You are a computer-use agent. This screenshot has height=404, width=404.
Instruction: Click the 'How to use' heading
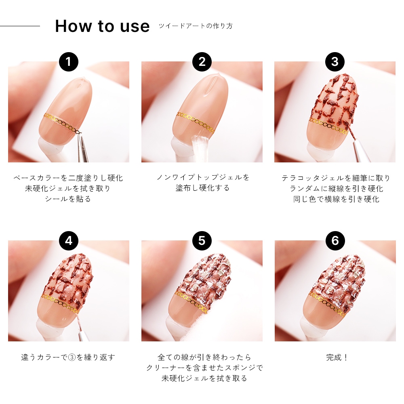pyautogui.click(x=102, y=26)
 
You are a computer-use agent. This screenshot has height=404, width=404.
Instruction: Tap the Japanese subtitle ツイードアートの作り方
pyautogui.click(x=196, y=26)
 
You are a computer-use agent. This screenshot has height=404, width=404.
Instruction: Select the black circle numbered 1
pyautogui.click(x=69, y=62)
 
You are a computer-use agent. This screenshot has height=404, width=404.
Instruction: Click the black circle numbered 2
pyautogui.click(x=202, y=62)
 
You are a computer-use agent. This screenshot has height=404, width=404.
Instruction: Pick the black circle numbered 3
pyautogui.click(x=335, y=62)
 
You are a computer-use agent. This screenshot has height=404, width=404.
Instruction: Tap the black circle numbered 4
pyautogui.click(x=69, y=241)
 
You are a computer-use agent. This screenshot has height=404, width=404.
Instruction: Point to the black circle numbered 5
pyautogui.click(x=202, y=241)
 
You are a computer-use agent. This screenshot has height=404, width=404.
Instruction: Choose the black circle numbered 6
pyautogui.click(x=335, y=241)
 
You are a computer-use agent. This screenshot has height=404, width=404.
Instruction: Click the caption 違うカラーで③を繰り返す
pyautogui.click(x=68, y=358)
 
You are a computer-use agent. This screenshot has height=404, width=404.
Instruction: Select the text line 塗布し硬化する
pyautogui.click(x=202, y=188)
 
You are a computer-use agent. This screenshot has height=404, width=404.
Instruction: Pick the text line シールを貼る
pyautogui.click(x=68, y=199)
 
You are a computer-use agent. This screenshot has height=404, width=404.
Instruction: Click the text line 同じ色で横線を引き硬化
pyautogui.click(x=336, y=199)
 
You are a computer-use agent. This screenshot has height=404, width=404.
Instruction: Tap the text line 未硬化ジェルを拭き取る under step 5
pyautogui.click(x=204, y=378)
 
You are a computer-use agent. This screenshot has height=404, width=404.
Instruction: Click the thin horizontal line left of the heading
pyautogui.click(x=20, y=26)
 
